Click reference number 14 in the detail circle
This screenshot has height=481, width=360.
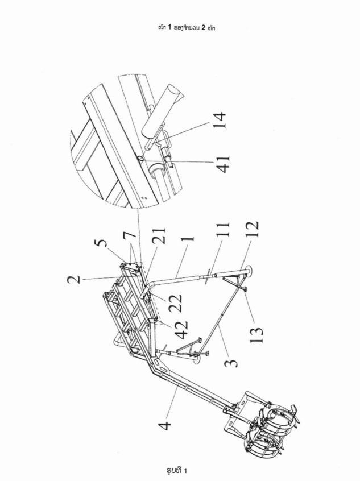(x=220, y=121)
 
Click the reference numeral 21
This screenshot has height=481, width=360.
(x=159, y=235)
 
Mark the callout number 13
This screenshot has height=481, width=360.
(x=257, y=335)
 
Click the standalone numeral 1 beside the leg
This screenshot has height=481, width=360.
(x=188, y=238)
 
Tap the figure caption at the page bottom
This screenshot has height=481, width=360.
(x=177, y=470)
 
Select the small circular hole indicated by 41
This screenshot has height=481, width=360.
(x=140, y=158)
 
